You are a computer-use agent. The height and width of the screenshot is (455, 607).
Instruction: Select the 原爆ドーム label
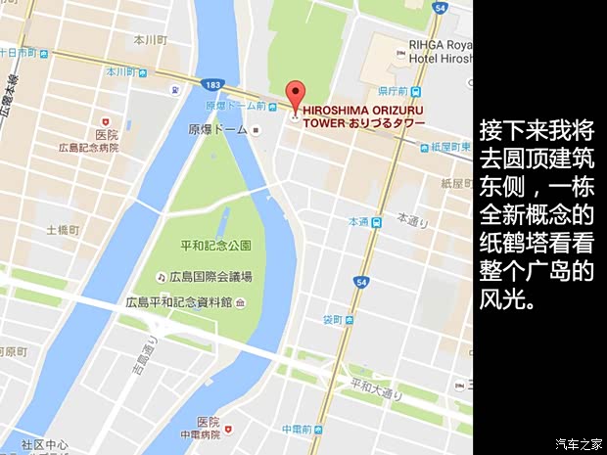click(x=218, y=128)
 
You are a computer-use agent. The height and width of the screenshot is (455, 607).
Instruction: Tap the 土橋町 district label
click(x=66, y=231)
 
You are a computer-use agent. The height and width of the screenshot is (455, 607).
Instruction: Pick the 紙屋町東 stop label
click(x=448, y=147)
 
